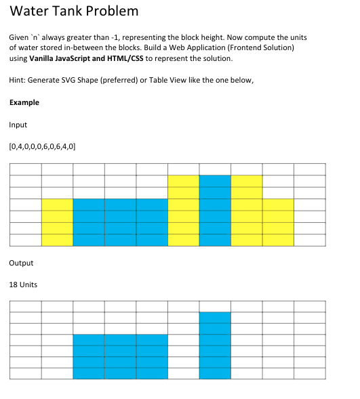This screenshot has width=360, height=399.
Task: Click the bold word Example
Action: (24, 102)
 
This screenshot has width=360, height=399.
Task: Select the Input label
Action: (18, 125)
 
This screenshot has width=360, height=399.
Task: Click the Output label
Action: (21, 263)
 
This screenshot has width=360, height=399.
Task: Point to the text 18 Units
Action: (23, 285)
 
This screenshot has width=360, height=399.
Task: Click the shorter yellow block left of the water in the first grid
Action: (58, 222)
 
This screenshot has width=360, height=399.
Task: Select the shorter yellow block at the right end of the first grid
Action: (278, 222)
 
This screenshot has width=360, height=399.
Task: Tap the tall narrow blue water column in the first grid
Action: (215, 210)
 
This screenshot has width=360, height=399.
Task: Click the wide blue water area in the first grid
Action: (120, 222)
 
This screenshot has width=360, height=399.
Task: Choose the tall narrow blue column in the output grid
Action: (215, 345)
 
